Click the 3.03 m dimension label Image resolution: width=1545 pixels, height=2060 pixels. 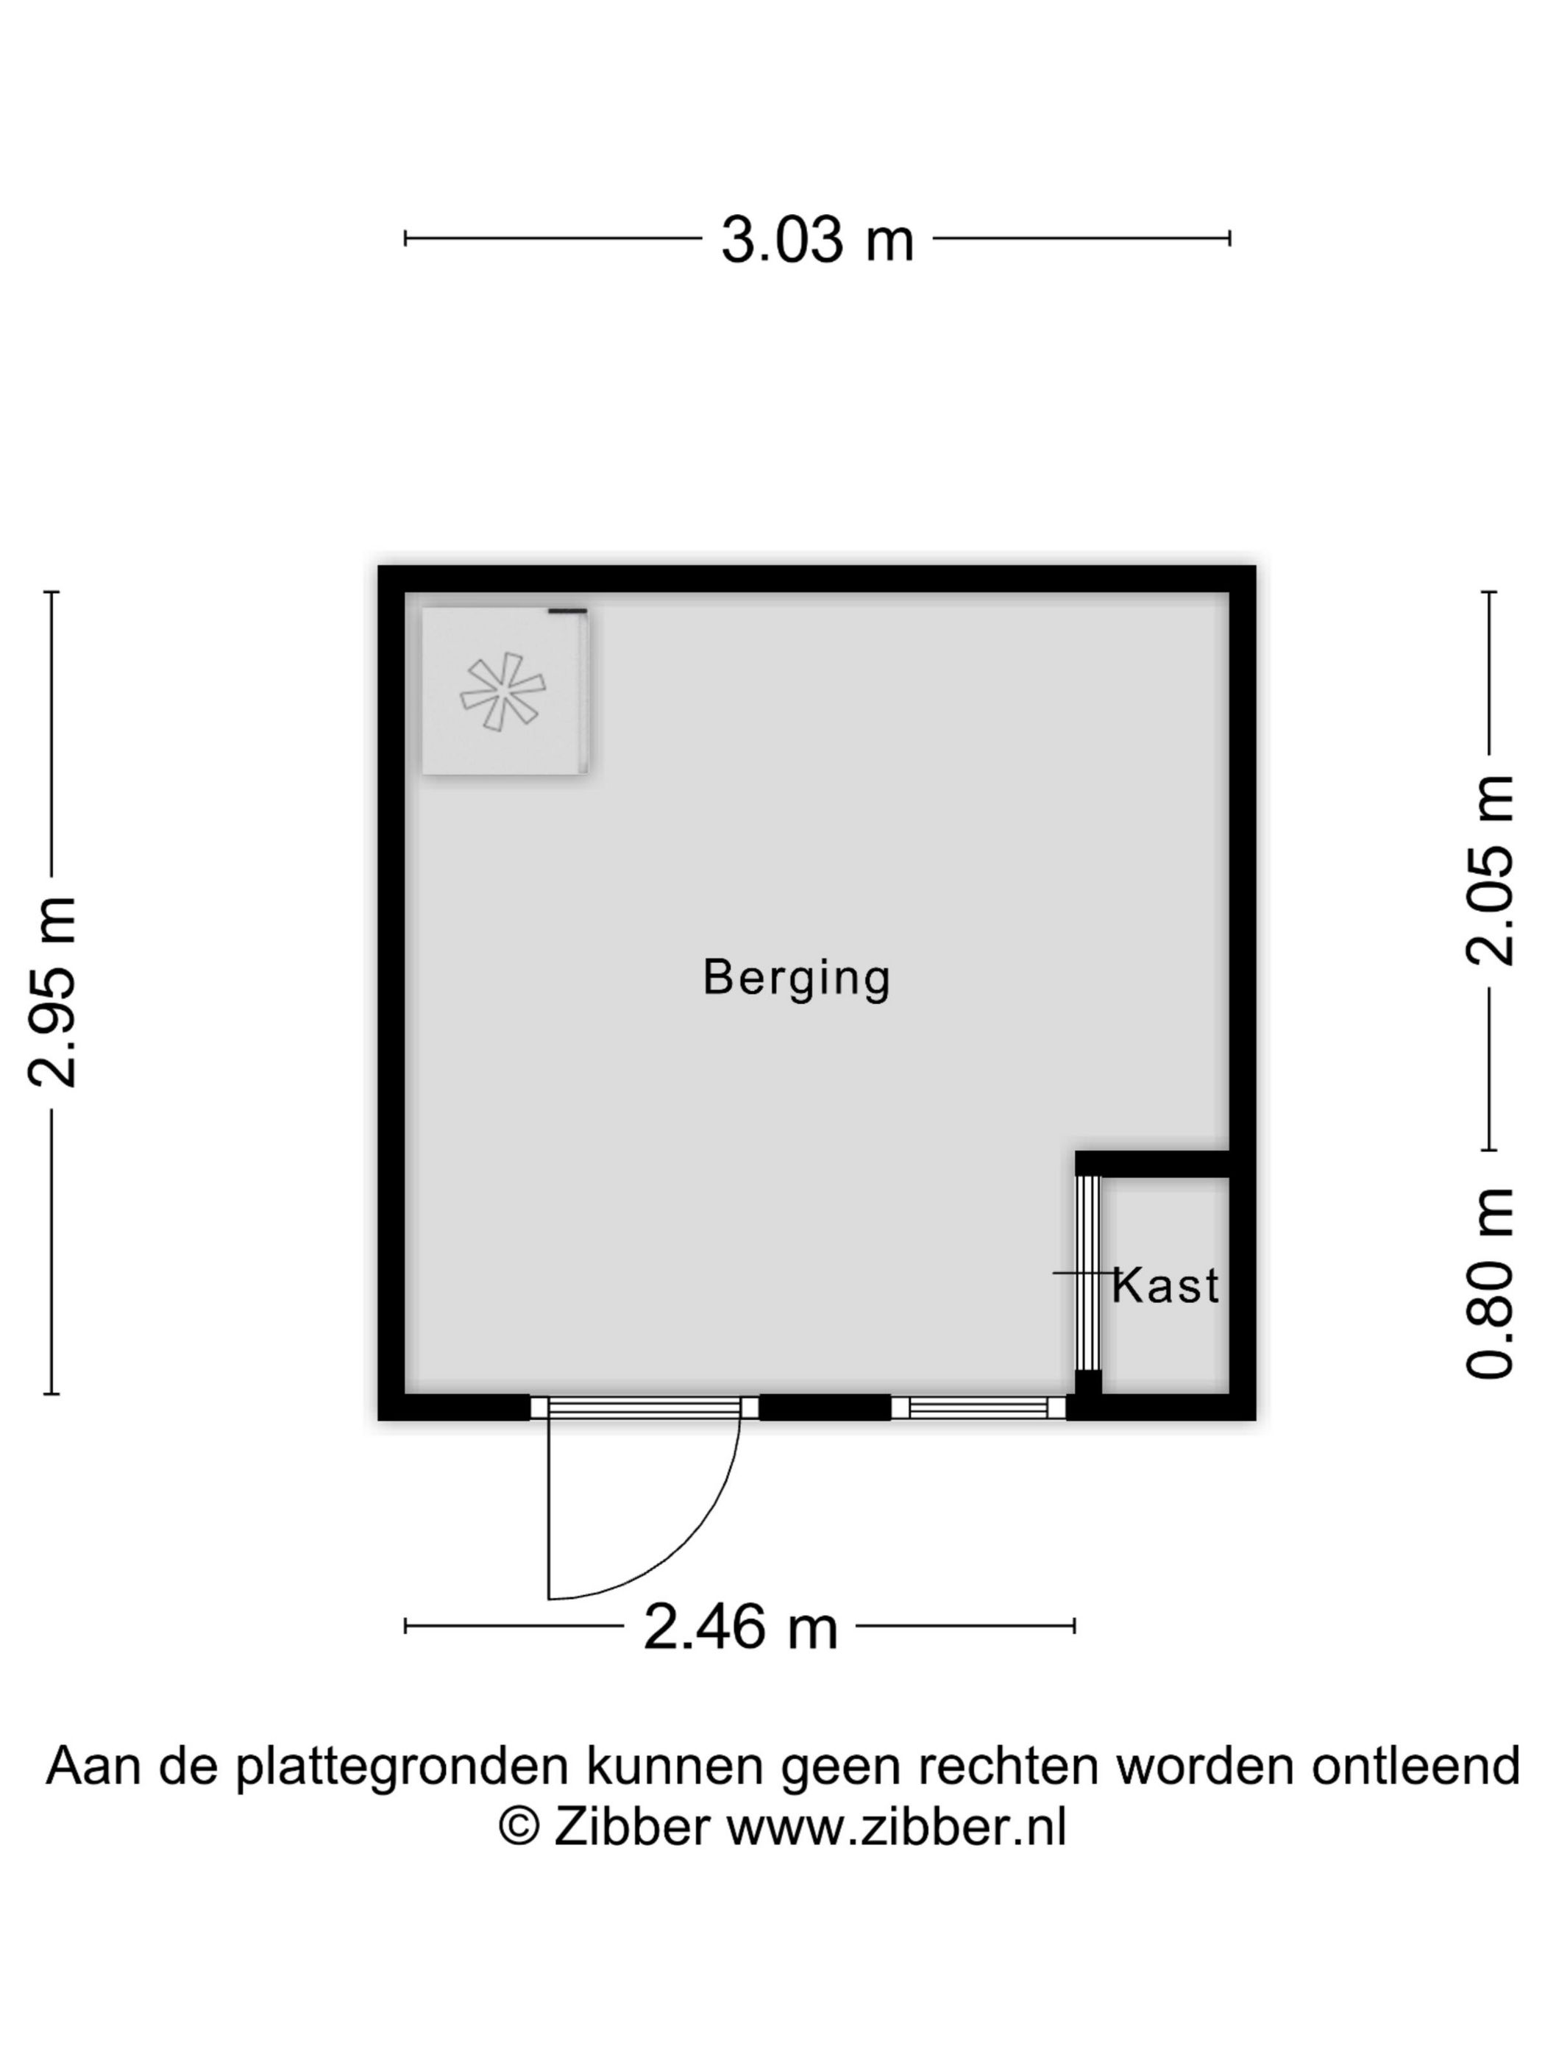click(x=817, y=239)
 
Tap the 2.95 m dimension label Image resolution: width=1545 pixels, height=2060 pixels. click(x=52, y=992)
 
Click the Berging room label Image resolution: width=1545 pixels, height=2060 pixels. click(x=796, y=978)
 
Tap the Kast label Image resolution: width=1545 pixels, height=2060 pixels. click(x=1165, y=1287)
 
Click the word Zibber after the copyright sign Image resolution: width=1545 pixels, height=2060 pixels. click(x=631, y=1826)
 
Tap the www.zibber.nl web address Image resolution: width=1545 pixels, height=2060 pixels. click(x=896, y=1826)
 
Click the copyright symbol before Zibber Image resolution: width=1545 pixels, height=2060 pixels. click(x=519, y=1826)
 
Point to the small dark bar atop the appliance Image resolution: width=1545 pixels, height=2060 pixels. click(x=567, y=611)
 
